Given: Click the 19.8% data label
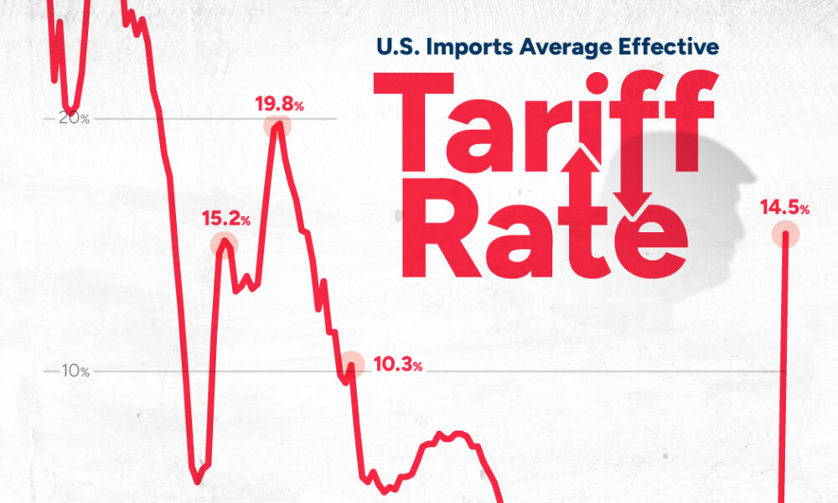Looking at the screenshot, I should coord(279,106).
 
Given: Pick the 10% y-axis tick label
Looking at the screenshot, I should coord(75,371).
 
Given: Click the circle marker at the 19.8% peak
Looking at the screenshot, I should coord(277,127).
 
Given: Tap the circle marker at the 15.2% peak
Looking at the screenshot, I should coord(224,244).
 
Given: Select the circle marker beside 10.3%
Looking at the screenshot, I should coord(353,363).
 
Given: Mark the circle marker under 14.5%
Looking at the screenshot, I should coord(785,233).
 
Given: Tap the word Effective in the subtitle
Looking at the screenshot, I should coord(671,48).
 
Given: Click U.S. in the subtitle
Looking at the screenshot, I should coord(396,48).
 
